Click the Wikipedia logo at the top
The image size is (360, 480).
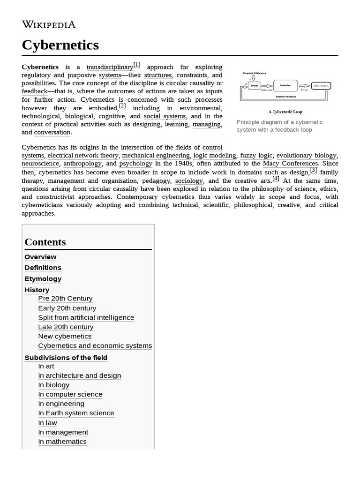tap(49, 24)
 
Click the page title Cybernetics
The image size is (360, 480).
tap(60, 45)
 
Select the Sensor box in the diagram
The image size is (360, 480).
tap(254, 86)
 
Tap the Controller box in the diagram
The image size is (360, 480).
tap(285, 86)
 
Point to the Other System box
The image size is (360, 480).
tap(321, 86)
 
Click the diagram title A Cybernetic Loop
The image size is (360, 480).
tap(285, 112)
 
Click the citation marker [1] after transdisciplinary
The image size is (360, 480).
tap(136, 65)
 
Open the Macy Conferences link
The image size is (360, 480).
tap(290, 164)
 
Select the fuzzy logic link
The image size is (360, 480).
tap(255, 155)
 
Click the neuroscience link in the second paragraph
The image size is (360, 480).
tap(40, 164)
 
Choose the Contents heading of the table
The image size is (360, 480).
tap(45, 242)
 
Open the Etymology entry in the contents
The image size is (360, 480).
tap(43, 278)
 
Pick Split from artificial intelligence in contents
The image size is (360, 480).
tap(86, 317)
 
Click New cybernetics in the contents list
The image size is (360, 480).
tap(65, 336)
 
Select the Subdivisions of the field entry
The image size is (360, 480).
tap(66, 358)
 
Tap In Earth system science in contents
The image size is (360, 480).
tap(76, 413)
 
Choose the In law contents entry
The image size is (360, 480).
tap(47, 423)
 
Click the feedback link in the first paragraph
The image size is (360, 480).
tap(34, 91)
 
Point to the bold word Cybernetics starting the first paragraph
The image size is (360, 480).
tap(40, 67)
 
